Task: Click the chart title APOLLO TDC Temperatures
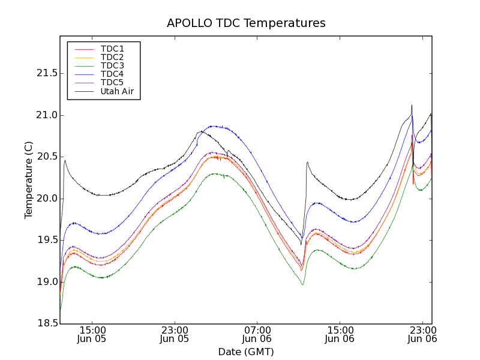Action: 246,23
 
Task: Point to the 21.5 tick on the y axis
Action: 44,73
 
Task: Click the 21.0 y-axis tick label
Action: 44,115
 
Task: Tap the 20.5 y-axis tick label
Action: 44,157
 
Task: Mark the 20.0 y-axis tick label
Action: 44,199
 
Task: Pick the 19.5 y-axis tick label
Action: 44,240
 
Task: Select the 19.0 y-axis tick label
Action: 44,282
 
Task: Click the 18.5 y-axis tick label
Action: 44,323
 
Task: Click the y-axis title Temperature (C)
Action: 29,180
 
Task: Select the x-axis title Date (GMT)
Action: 246,352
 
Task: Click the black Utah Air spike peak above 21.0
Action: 412,106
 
